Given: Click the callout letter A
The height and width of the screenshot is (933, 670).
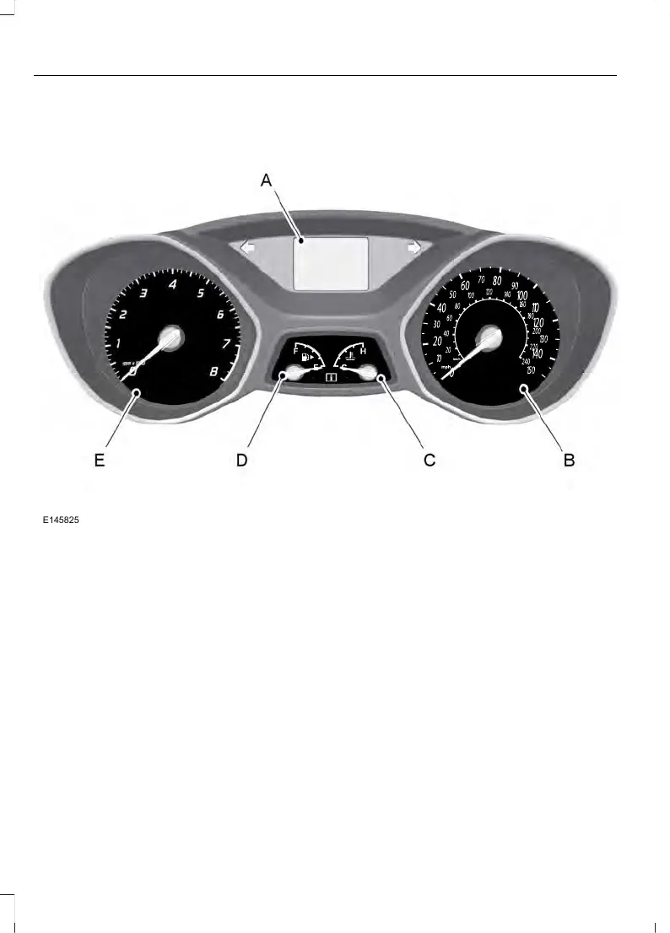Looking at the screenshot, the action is pyautogui.click(x=267, y=181).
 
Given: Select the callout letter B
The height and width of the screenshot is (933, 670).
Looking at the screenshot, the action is pyautogui.click(x=569, y=461).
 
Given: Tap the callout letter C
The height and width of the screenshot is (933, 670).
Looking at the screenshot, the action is pyautogui.click(x=429, y=461).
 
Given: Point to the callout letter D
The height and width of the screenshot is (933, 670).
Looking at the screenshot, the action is pyautogui.click(x=241, y=461).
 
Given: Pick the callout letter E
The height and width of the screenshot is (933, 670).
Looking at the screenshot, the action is pyautogui.click(x=100, y=461).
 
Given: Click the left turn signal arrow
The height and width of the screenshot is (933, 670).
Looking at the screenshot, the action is pyautogui.click(x=249, y=249).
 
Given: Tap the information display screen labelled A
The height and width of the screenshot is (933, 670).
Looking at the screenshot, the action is pyautogui.click(x=330, y=262).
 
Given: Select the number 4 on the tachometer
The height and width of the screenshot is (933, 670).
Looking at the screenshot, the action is pyautogui.click(x=172, y=284).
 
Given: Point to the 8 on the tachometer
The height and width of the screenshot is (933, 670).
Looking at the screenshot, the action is pyautogui.click(x=214, y=370).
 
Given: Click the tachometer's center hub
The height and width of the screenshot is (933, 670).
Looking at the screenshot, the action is pyautogui.click(x=170, y=337).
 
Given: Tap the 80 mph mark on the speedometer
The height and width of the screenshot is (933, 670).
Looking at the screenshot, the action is pyautogui.click(x=497, y=280).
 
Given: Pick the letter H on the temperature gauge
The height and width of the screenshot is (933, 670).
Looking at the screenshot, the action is pyautogui.click(x=363, y=350).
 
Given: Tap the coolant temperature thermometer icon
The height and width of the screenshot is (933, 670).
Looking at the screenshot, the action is pyautogui.click(x=350, y=355).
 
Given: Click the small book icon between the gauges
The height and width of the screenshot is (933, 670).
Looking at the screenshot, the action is pyautogui.click(x=330, y=380).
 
